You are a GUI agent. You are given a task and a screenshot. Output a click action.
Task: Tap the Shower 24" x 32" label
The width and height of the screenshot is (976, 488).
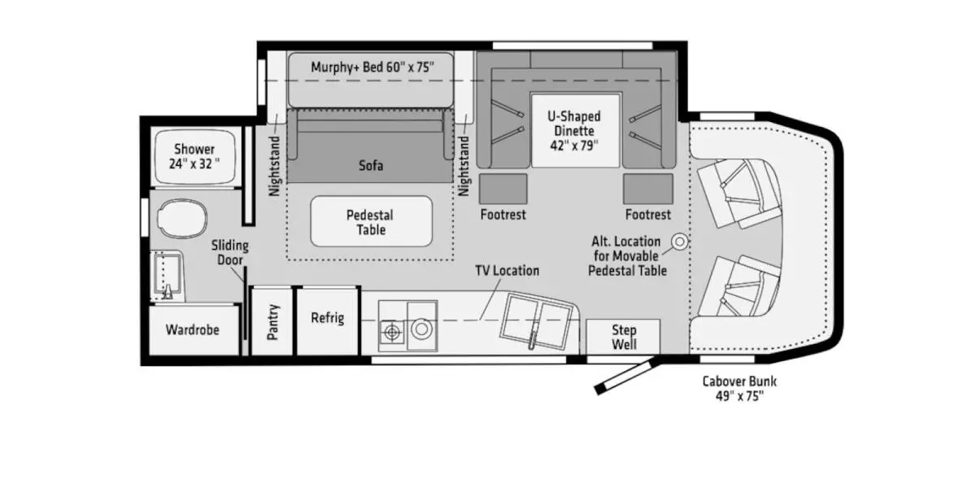(195, 156)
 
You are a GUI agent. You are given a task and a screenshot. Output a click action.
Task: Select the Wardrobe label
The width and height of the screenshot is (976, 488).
(193, 330)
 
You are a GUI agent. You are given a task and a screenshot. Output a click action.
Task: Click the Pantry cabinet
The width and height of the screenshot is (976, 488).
(272, 321)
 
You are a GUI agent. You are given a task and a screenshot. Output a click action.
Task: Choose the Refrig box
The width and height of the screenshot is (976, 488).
(328, 317)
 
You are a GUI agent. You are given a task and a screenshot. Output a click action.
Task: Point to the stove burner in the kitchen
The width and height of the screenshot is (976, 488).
(393, 329)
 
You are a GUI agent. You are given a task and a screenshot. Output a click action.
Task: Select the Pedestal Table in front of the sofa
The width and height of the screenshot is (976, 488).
(371, 222)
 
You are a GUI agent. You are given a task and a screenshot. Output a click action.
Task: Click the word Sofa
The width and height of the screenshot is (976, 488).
(371, 166)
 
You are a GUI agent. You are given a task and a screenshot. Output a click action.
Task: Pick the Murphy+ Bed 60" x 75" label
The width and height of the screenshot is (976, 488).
(370, 68)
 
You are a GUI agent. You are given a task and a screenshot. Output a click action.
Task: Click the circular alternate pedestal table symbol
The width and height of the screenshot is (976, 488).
(679, 242)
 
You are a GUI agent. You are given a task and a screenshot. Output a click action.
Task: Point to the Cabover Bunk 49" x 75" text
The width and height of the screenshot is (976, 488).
(734, 389)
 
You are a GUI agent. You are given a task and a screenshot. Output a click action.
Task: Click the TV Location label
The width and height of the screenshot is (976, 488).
(507, 271)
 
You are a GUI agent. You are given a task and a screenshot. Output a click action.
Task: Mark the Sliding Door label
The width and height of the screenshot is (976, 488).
(230, 252)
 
